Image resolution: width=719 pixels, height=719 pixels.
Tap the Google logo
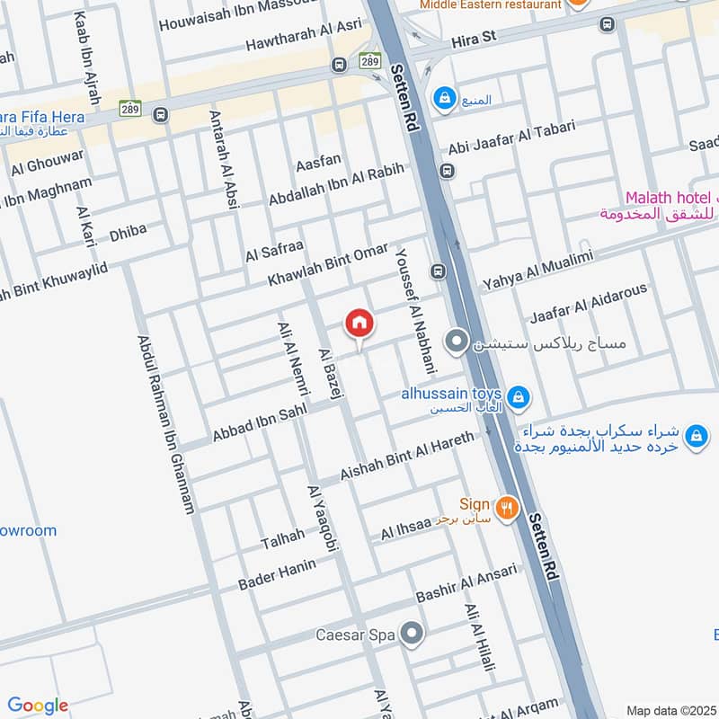coord(38,706)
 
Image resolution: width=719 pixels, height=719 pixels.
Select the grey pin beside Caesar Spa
coord(412,635)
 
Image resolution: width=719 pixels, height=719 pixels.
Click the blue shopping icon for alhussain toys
coord(518,396)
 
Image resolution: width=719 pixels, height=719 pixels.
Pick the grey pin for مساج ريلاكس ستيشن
coord(457,342)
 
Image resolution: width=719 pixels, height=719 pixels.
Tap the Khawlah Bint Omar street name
coord(327,264)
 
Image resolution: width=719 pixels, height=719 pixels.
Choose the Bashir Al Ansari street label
coord(466,583)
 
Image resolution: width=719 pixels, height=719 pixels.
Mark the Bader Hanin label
coord(278,573)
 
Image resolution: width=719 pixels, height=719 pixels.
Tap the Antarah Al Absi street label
coord(224,160)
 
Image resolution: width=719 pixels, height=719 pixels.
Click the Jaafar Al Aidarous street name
coord(588,304)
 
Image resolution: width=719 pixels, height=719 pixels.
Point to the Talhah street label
coord(282,539)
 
